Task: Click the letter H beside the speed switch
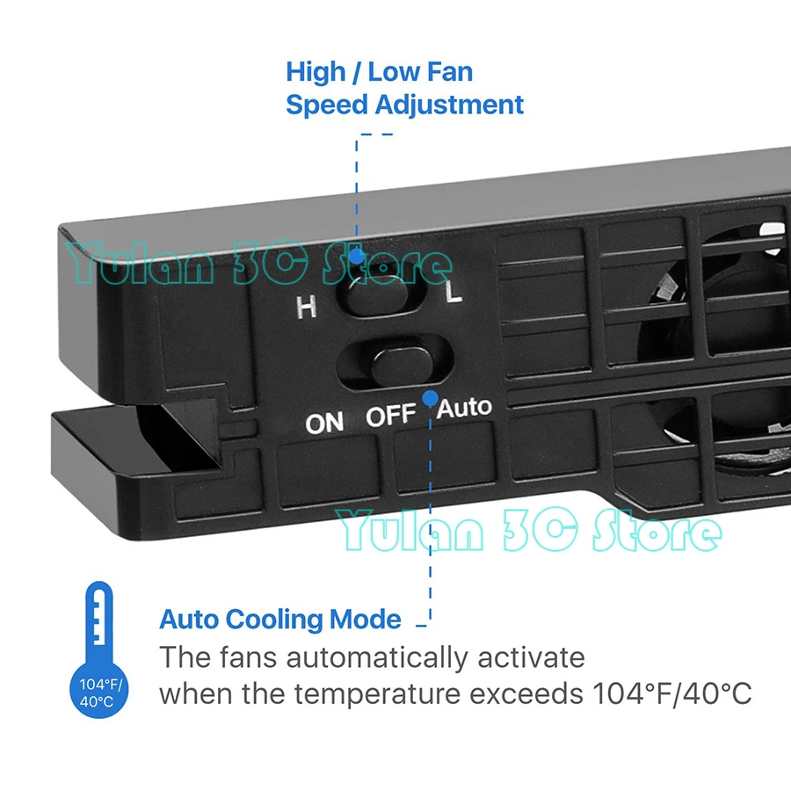306,307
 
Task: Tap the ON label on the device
324,423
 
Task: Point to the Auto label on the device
465,407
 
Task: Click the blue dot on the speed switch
356,257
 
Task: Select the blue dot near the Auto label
430,398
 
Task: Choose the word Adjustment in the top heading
449,105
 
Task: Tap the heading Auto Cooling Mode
280,619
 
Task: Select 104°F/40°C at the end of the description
670,693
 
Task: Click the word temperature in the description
377,693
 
